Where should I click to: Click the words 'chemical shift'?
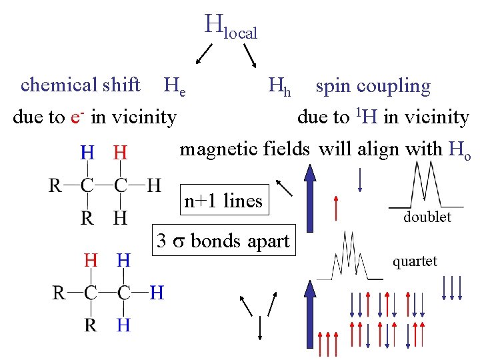(80, 85)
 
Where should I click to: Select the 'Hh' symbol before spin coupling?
(279, 86)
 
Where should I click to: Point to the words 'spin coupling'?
(373, 87)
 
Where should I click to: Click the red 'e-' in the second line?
(77, 117)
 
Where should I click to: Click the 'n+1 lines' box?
(223, 201)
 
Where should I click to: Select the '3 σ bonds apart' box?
(223, 240)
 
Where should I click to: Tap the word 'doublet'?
(427, 217)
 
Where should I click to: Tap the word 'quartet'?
(415, 261)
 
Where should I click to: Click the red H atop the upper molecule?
(120, 153)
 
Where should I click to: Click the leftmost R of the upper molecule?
(56, 185)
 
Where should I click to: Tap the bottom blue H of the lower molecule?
(124, 325)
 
